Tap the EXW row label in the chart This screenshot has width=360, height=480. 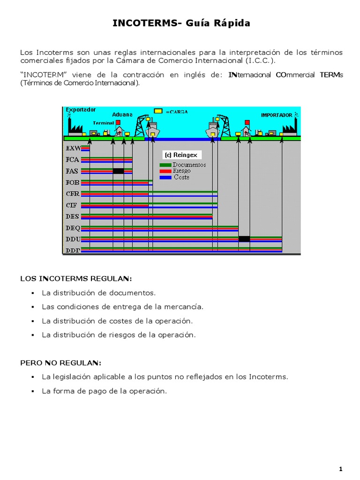(73, 149)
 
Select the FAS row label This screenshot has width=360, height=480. (73, 171)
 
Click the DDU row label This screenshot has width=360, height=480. (73, 239)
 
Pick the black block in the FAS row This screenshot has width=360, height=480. (118, 171)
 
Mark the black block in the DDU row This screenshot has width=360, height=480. (244, 239)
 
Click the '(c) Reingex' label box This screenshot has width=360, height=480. (180, 155)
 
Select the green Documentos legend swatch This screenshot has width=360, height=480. (165, 165)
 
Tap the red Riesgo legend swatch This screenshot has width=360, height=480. (165, 171)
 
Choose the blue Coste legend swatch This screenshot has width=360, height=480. (165, 177)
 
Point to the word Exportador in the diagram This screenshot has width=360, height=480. (81, 110)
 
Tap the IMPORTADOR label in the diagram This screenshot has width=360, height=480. (277, 115)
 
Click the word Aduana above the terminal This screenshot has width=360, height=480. (122, 114)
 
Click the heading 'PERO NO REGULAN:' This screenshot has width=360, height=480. (60, 363)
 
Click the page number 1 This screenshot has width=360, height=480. (341, 469)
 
